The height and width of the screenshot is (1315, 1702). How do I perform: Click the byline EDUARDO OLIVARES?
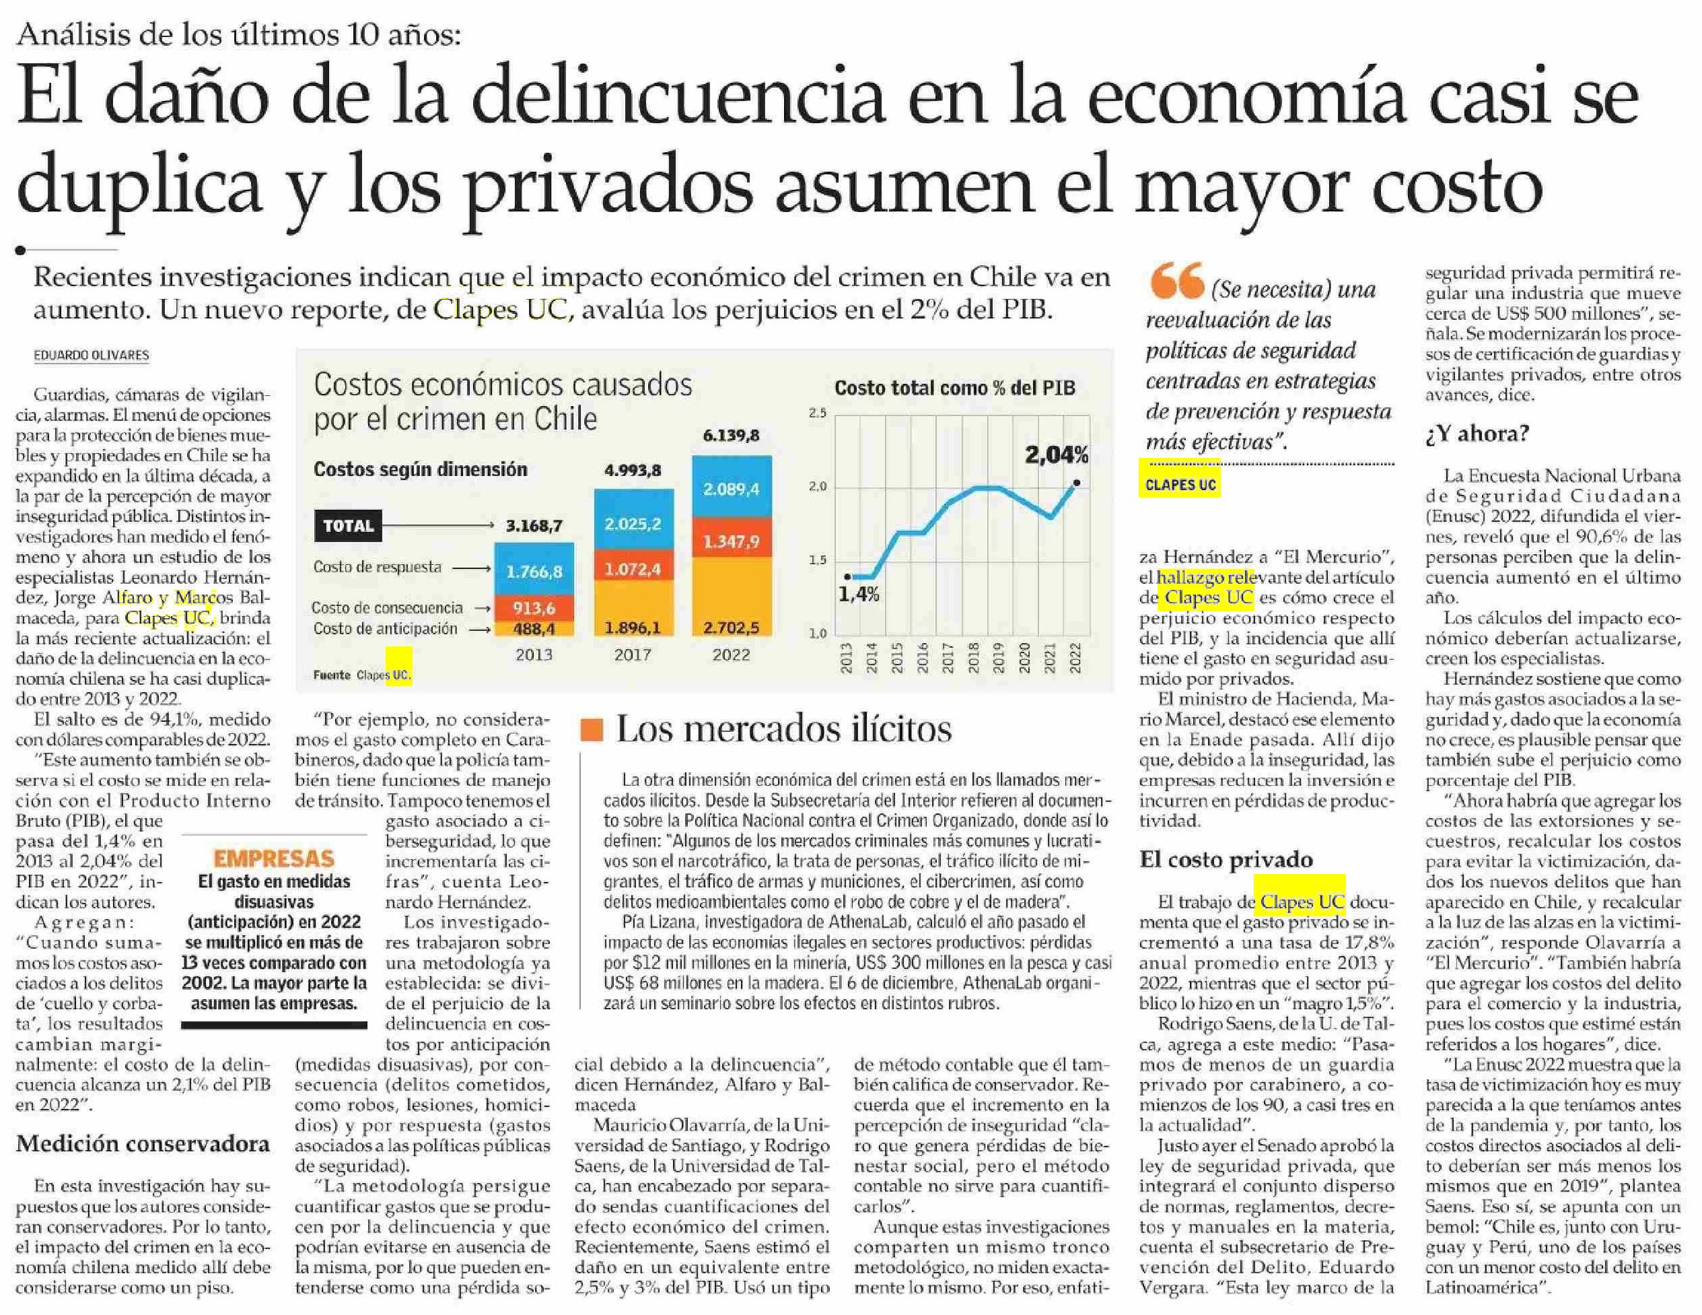point(91,356)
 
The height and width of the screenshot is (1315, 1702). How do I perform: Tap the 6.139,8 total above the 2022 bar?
point(730,435)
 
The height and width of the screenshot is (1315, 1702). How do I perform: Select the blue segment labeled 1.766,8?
point(534,572)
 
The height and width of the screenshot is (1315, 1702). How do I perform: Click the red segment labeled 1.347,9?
point(731,541)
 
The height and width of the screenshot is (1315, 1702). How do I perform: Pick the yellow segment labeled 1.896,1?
point(633,628)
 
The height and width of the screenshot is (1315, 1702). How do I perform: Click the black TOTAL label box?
point(349,526)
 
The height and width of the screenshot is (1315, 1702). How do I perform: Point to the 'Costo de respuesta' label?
point(377,568)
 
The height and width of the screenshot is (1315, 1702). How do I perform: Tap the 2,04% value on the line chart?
point(1056,454)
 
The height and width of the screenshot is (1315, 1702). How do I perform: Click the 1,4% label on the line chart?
point(859,595)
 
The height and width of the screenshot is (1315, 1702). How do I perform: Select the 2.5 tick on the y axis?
point(818,413)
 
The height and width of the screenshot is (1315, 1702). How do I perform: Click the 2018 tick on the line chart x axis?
point(973,659)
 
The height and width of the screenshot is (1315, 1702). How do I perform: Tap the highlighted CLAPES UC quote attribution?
point(1180,485)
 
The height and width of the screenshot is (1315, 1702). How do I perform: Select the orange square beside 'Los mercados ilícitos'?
point(592,730)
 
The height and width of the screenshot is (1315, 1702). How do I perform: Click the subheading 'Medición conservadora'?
point(143,1143)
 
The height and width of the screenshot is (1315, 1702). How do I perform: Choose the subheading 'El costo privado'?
point(1226,859)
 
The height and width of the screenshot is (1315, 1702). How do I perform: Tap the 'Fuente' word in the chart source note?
point(331,675)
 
